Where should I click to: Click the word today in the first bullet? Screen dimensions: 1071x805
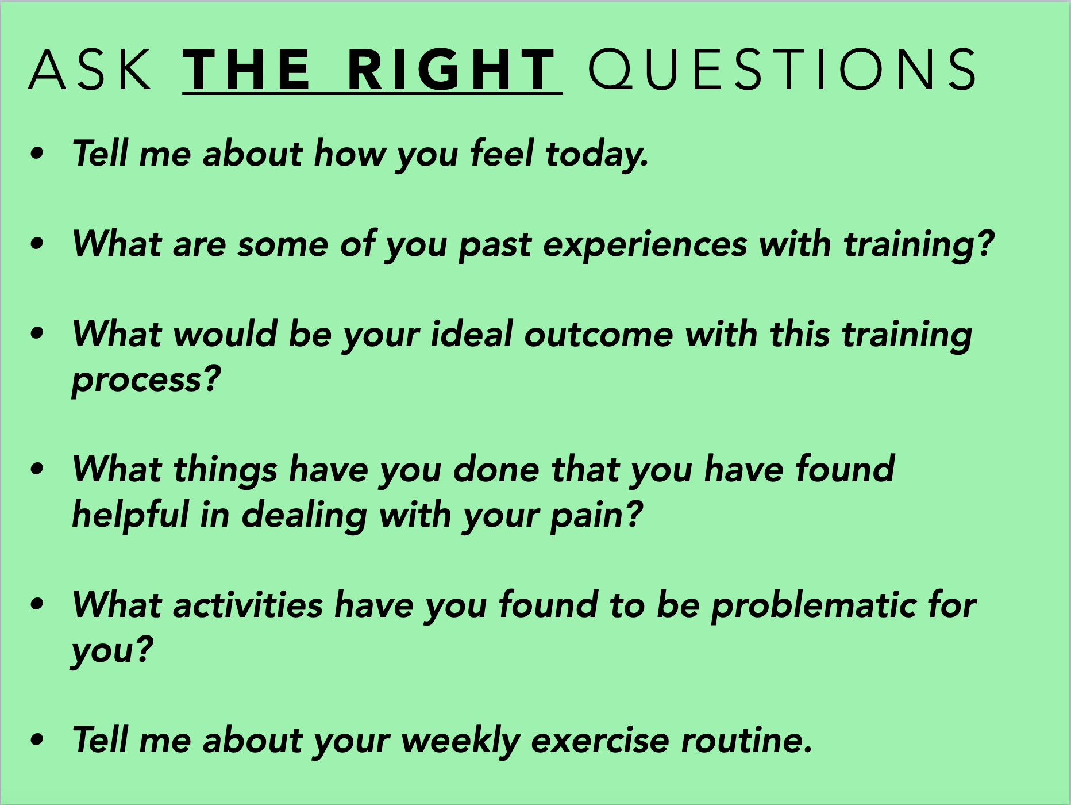pyautogui.click(x=597, y=154)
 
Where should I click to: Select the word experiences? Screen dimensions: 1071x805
pyautogui.click(x=645, y=244)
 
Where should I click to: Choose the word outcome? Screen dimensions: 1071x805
pyautogui.click(x=599, y=335)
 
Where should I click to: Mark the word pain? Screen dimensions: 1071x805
pyautogui.click(x=596, y=516)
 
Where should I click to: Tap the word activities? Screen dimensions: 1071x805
pyautogui.click(x=248, y=605)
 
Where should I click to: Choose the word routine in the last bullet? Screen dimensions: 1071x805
pyautogui.click(x=746, y=741)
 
